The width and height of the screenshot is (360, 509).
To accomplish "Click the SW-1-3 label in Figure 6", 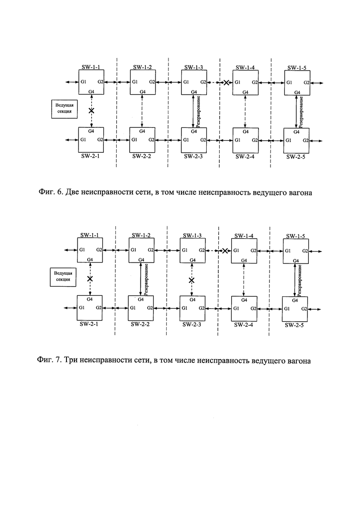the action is pyautogui.click(x=193, y=67).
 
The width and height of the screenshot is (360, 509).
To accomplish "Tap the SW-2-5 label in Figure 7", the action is pyautogui.click(x=294, y=325).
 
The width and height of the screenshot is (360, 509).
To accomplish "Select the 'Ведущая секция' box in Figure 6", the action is pyautogui.click(x=64, y=109).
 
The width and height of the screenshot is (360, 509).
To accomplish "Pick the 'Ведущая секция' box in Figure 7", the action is pyautogui.click(x=63, y=277).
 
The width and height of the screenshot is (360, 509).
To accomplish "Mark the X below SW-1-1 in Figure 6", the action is pyautogui.click(x=91, y=111).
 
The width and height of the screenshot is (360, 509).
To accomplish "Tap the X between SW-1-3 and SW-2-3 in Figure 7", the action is pyautogui.click(x=192, y=280).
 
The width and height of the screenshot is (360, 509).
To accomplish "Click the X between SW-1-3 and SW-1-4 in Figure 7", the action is pyautogui.click(x=225, y=251).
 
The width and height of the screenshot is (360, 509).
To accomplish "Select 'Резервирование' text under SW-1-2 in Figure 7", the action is pyautogui.click(x=146, y=280).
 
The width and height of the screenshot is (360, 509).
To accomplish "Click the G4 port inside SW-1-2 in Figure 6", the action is pyautogui.click(x=143, y=92).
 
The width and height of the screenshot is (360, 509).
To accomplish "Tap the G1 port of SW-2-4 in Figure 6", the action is pyautogui.click(x=237, y=140).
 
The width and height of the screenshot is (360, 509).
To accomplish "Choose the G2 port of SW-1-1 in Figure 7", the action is pyautogui.click(x=99, y=250).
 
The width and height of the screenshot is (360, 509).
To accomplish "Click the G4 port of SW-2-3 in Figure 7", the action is pyautogui.click(x=192, y=299).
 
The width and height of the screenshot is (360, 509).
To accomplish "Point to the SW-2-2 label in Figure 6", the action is pyautogui.click(x=142, y=156).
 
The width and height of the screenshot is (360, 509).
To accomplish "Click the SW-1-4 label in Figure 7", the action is pyautogui.click(x=244, y=236).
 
